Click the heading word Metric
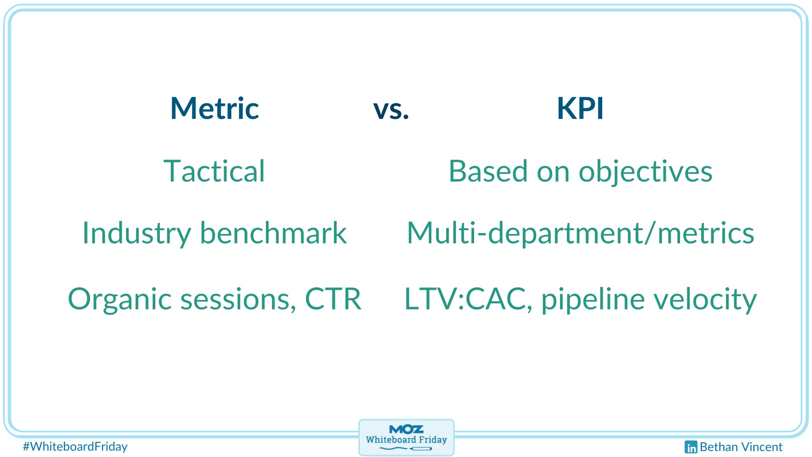click(x=214, y=108)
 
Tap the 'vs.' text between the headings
click(x=391, y=110)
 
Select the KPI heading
click(x=580, y=108)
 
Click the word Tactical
click(x=214, y=171)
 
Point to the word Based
click(x=488, y=171)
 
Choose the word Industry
click(x=137, y=234)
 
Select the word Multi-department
click(x=525, y=234)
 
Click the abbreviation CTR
click(x=333, y=298)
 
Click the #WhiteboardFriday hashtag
click(x=75, y=446)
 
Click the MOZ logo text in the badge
click(x=406, y=429)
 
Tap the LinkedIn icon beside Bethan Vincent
click(x=691, y=447)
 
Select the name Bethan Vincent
click(x=741, y=447)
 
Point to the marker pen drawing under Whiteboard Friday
click(x=406, y=448)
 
